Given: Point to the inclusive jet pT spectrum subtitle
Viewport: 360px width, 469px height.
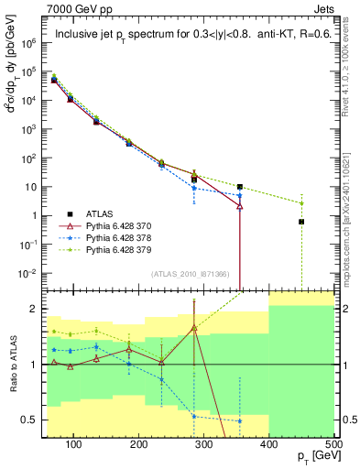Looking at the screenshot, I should tap(188, 37).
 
